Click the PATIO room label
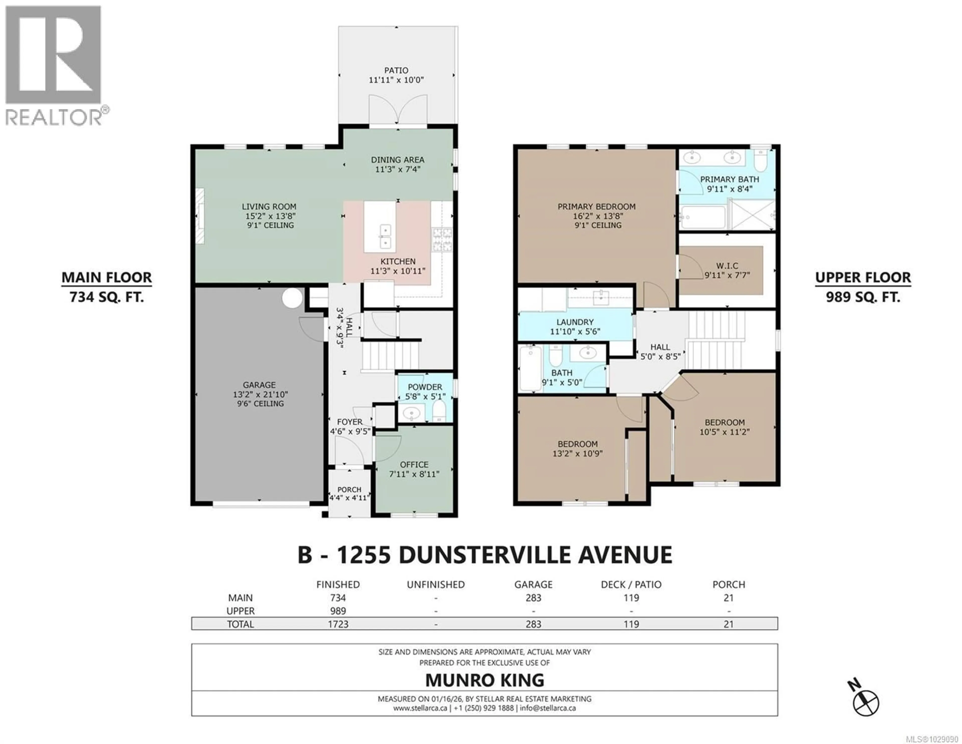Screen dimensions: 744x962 coord(396,70)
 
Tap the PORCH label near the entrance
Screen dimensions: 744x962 coord(349,489)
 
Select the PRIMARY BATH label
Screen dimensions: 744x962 coord(730,179)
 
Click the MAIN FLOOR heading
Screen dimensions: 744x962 coord(106,277)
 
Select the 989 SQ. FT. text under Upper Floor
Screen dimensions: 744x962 coord(863,297)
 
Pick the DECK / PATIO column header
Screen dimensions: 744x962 coord(631,585)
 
